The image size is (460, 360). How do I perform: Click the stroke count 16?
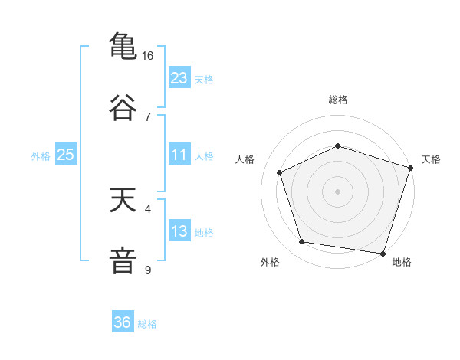148,56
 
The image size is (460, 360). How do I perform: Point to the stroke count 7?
148,116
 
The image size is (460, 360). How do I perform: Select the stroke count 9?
148,270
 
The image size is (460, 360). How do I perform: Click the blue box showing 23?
179,78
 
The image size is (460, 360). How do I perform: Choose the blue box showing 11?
179,155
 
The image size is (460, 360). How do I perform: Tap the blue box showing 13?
179,231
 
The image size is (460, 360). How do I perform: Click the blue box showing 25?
65,155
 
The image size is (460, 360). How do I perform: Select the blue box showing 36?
122,322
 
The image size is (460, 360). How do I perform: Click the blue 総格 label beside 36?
147,324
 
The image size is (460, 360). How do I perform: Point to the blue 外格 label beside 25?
41,156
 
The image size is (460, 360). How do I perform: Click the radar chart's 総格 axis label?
338,100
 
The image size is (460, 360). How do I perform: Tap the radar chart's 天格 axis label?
431,159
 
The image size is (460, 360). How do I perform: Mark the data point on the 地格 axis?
383,253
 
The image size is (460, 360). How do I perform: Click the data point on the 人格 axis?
280,172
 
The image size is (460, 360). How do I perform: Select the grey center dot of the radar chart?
338,191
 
